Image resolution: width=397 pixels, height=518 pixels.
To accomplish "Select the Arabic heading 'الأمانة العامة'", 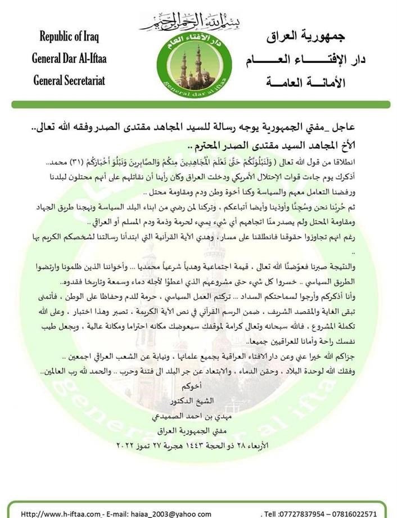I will point(308,83).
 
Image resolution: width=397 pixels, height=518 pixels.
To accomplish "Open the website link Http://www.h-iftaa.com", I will point(56,513).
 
